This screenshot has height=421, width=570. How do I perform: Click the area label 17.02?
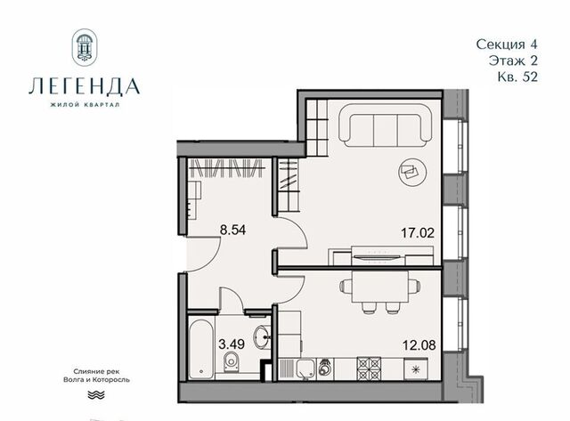pyautogui.click(x=418, y=232)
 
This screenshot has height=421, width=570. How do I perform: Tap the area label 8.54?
pyautogui.click(x=232, y=230)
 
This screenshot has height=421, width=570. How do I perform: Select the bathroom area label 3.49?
pyautogui.click(x=232, y=344)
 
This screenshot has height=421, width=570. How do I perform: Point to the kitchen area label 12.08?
pyautogui.click(x=419, y=344)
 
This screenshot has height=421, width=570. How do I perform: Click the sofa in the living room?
pyautogui.click(x=386, y=125)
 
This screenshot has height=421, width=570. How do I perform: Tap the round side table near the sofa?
pyautogui.click(x=412, y=173)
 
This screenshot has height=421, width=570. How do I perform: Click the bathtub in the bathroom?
pyautogui.click(x=202, y=349)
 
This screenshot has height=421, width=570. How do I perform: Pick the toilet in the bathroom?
pyautogui.click(x=232, y=362)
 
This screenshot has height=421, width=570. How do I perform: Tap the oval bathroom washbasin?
pyautogui.click(x=262, y=336)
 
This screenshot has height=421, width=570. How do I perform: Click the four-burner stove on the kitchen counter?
pyautogui.click(x=369, y=368)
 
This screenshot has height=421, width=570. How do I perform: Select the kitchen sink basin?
pyautogui.click(x=305, y=369)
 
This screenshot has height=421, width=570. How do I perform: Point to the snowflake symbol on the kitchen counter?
pyautogui.click(x=416, y=369)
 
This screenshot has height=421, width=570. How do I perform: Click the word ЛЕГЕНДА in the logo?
pyautogui.click(x=85, y=86)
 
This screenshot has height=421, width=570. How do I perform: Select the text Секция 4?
pyautogui.click(x=507, y=45)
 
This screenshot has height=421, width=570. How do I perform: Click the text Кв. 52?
pyautogui.click(x=517, y=77)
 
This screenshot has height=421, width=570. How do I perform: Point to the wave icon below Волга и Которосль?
pyautogui.click(x=96, y=395)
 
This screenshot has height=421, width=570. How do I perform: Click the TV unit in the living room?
pyautogui.click(x=380, y=255)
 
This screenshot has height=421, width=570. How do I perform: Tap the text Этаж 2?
pyautogui.click(x=513, y=61)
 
